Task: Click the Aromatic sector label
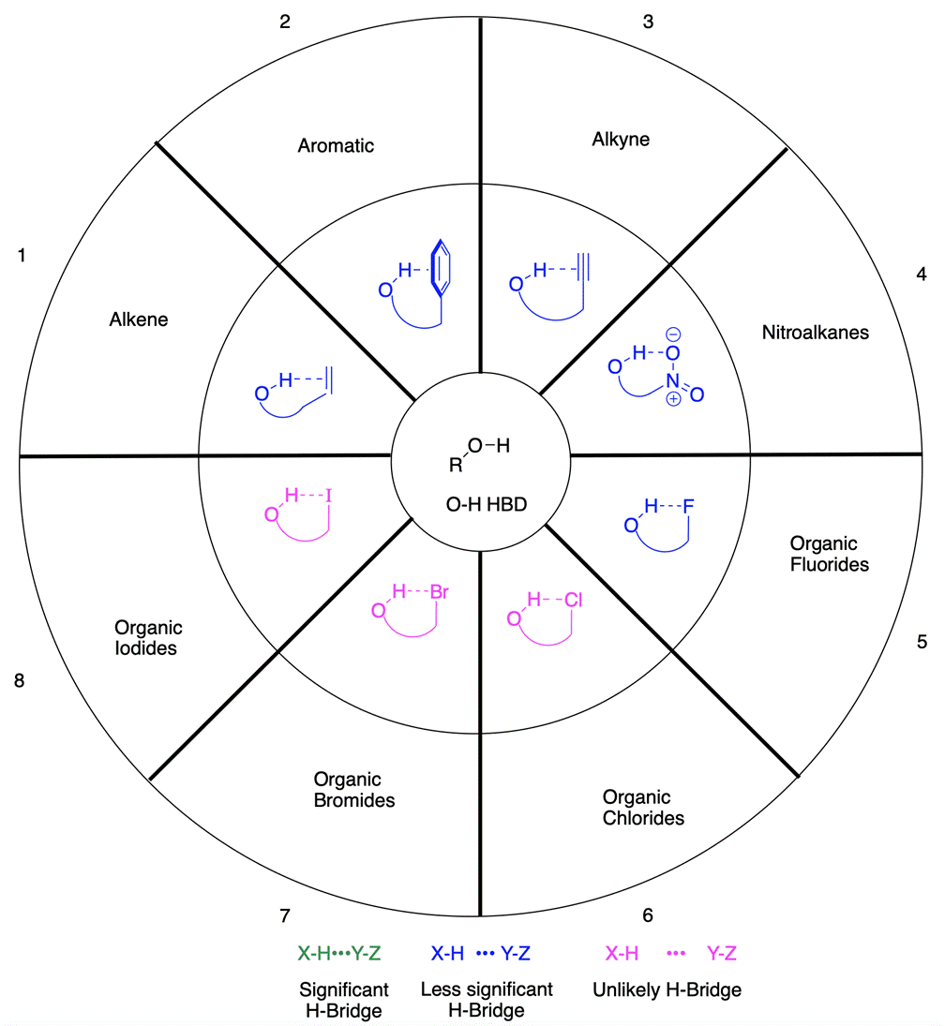336,145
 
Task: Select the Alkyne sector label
621,140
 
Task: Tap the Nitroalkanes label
816,332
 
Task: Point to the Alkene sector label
138,320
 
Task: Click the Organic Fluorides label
829,554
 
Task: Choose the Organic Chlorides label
643,808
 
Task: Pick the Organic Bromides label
354,790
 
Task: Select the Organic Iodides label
148,637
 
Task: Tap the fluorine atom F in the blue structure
688,507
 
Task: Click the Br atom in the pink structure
442,591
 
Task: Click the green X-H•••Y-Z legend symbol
339,954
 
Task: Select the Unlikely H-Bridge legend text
667,989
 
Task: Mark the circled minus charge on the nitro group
673,334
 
